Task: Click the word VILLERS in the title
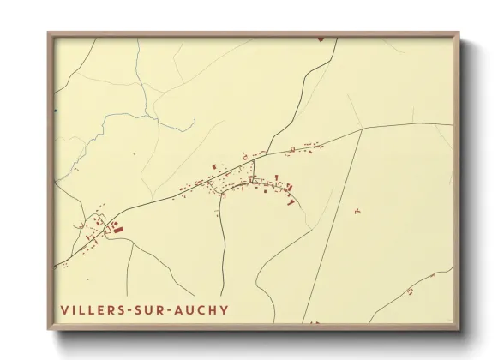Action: point(92,309)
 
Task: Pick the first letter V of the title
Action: point(64,309)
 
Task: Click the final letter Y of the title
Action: point(225,309)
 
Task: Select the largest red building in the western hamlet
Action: point(118,229)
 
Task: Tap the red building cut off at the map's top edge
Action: point(320,38)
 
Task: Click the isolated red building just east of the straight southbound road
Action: point(357,211)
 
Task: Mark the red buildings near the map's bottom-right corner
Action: point(410,291)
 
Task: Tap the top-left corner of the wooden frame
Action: point(49,33)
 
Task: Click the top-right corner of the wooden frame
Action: point(459,33)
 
